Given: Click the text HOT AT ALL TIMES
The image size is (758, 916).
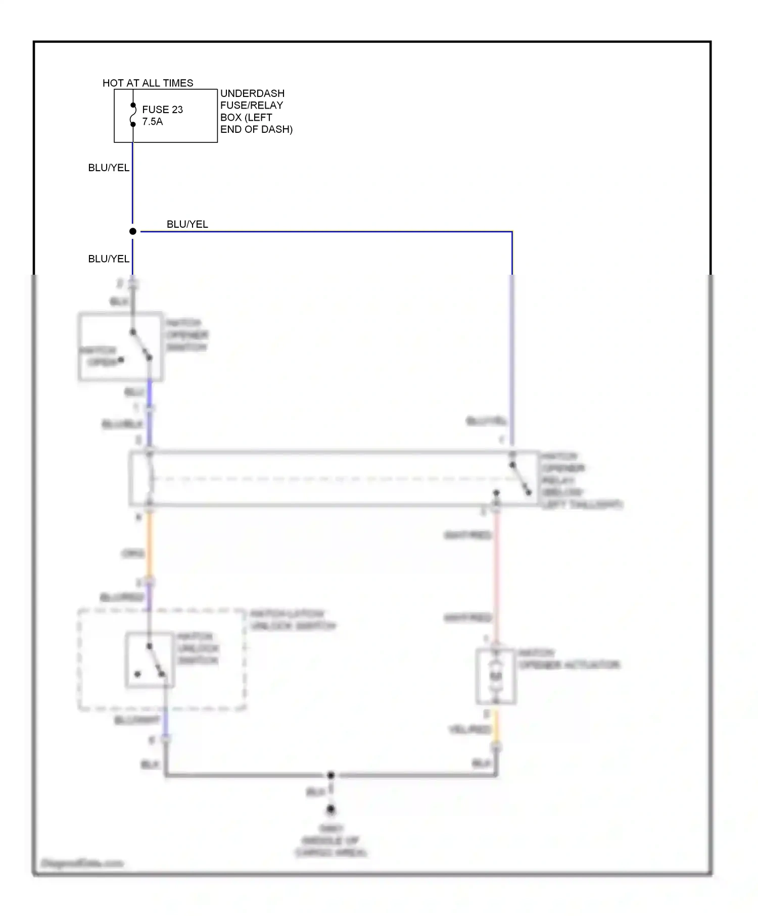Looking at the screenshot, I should [148, 83].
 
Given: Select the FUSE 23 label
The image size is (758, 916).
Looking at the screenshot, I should [162, 110].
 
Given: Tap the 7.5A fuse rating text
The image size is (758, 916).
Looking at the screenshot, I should [153, 122].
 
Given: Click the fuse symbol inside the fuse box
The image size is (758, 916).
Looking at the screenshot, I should [133, 115].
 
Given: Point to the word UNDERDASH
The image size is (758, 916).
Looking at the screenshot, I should [252, 93].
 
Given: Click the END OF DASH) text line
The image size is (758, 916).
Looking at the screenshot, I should [256, 129].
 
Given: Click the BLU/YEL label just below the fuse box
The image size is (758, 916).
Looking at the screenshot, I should [109, 168].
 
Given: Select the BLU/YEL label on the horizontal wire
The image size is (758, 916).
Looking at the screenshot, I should [187, 224].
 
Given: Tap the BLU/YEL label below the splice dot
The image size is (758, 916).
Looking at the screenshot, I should [109, 259].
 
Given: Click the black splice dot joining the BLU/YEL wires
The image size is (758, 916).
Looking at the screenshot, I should [133, 231].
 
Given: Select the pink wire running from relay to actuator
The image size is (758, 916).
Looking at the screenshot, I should [497, 576].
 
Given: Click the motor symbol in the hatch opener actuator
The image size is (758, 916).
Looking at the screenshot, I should [496, 676].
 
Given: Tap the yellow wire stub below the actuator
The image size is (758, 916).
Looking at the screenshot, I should [496, 727].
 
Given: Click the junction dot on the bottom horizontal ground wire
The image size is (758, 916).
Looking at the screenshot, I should [330, 775].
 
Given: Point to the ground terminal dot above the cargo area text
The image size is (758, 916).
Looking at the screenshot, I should [330, 809].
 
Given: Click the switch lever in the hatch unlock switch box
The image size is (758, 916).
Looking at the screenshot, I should [156, 660].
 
